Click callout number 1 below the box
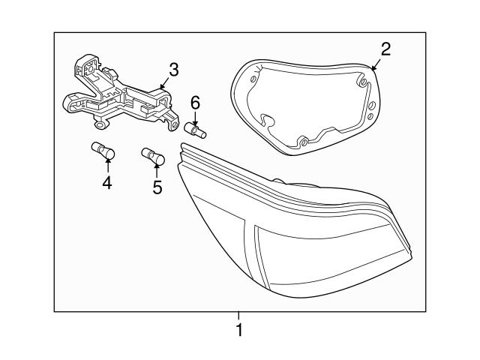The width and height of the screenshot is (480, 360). point(239,330)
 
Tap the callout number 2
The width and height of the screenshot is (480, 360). point(385,50)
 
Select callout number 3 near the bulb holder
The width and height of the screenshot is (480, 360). point(173,70)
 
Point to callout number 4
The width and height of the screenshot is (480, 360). point(107,182)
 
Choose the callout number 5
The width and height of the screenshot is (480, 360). point(157,187)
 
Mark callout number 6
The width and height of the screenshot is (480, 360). point(195,102)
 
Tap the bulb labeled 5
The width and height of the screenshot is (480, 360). point(153,157)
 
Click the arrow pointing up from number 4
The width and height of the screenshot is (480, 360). point(107,166)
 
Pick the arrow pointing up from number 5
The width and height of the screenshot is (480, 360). point(157,171)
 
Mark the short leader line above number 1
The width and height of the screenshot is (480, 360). point(239,316)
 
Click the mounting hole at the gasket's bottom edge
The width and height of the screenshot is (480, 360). point(304,142)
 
